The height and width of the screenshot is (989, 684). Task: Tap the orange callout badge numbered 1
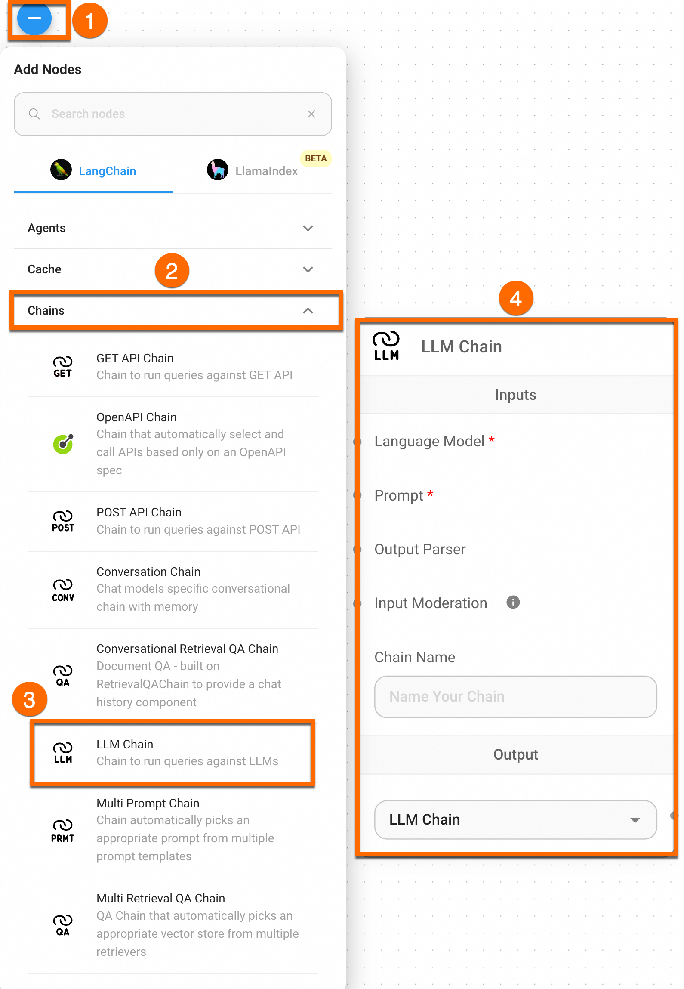[x=90, y=21]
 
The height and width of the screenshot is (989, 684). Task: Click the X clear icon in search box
[x=311, y=114]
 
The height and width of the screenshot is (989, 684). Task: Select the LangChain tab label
[x=107, y=171]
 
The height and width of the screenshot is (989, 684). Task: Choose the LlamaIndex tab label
[x=266, y=171]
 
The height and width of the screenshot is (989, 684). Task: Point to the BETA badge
[x=316, y=158]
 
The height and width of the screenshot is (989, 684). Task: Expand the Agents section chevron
[x=308, y=228]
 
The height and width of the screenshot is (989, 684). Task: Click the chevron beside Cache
[x=308, y=269]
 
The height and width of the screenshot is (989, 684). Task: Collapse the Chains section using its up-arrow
[x=308, y=311]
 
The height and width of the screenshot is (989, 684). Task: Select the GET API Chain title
[x=135, y=358]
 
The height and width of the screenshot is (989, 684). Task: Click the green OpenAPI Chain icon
[x=63, y=444]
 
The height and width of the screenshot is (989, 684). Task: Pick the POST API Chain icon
[x=63, y=521]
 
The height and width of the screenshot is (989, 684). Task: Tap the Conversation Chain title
[x=148, y=572]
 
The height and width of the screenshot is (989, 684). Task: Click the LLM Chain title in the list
[x=125, y=744]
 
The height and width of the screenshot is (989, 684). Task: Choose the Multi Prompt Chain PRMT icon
[x=63, y=831]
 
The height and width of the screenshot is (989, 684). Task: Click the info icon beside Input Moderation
[x=513, y=602]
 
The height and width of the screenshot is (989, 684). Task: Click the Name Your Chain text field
[x=515, y=696]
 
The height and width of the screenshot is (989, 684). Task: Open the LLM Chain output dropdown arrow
[x=635, y=820]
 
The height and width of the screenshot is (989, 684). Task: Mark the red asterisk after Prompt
[x=430, y=494]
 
